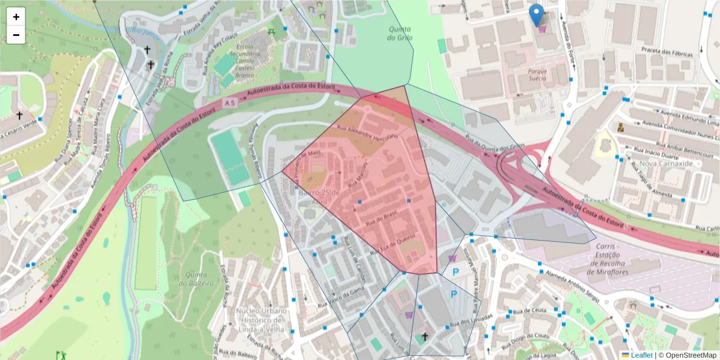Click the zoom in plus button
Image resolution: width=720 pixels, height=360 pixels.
pyautogui.click(x=16, y=17)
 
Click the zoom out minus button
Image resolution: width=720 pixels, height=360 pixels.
pyautogui.click(x=16, y=35)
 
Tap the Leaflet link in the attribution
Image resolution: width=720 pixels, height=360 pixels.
pyautogui.click(x=641, y=355)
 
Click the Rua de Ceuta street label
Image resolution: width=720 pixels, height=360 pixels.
pyautogui.click(x=534, y=310)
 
